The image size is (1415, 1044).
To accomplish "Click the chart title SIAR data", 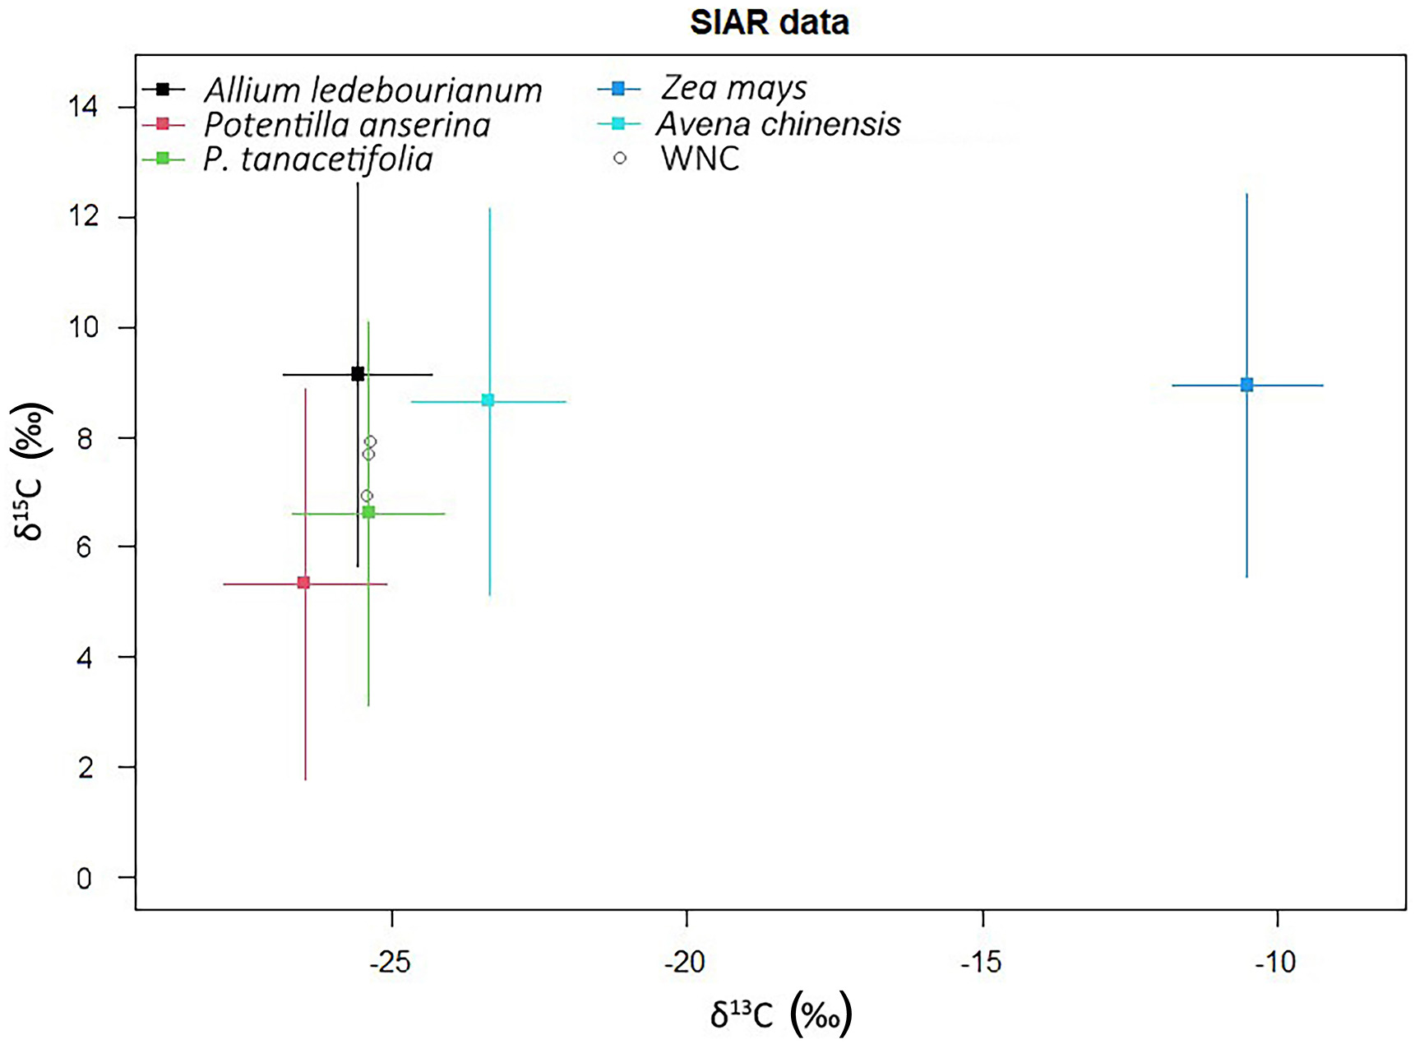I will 769,23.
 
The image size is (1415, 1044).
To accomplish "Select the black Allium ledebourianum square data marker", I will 358,374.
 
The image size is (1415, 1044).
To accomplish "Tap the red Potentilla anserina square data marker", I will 303,583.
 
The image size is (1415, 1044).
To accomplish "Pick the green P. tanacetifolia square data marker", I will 368,512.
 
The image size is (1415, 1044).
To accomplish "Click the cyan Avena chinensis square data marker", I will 488,400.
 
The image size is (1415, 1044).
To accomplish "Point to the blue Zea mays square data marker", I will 1246,385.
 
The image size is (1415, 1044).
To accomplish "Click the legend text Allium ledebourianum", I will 372,90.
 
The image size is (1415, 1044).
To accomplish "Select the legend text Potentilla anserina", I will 346,125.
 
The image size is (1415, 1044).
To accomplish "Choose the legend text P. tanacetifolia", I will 317,159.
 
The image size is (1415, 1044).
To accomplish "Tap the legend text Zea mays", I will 733,87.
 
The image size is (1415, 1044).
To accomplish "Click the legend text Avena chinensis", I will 778,124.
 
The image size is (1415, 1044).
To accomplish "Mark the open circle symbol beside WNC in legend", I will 620,158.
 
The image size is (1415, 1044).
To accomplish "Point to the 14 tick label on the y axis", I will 84,107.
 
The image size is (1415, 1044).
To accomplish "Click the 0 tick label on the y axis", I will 84,878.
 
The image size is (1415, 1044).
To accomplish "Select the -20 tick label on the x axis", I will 685,962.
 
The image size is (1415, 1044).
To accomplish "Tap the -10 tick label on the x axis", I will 1275,962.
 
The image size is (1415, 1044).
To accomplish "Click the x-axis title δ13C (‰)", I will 780,1014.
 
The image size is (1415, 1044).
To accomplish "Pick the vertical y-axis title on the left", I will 31,470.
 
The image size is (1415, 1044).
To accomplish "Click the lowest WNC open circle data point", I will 367,496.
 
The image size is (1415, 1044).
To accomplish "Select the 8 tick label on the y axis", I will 84,438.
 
